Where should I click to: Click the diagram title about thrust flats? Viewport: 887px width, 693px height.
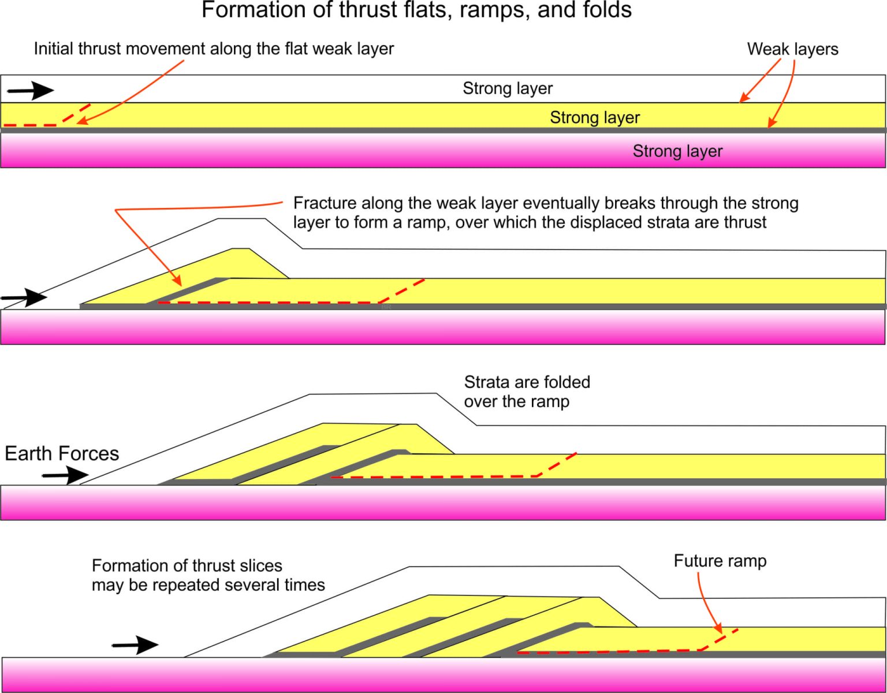coord(416,10)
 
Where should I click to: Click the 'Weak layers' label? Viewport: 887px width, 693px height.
coord(793,49)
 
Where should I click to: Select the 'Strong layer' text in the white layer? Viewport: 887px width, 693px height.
coord(508,88)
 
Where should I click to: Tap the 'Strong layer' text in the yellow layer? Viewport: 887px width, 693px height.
coord(595,118)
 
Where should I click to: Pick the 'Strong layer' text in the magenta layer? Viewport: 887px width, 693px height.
coord(677,151)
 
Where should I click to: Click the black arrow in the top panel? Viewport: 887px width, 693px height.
coord(31,91)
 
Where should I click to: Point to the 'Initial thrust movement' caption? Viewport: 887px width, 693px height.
coord(214,49)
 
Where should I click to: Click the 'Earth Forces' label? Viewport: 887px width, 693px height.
coord(62,453)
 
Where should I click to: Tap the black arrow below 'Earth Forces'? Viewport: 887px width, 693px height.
coord(65,475)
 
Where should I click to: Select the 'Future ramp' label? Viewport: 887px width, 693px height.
coord(720,561)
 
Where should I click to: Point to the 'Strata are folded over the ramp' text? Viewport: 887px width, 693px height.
coord(527,392)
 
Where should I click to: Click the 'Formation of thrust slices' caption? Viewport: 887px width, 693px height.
coord(208,575)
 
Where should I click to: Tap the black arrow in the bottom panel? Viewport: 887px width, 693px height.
coord(135,645)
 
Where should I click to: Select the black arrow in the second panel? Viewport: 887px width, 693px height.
coord(24,297)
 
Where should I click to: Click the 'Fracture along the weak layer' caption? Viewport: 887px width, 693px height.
coord(546,213)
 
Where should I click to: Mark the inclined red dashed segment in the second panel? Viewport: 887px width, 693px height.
coord(402,291)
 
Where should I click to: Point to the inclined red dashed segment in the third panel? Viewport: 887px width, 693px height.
coord(556,464)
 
